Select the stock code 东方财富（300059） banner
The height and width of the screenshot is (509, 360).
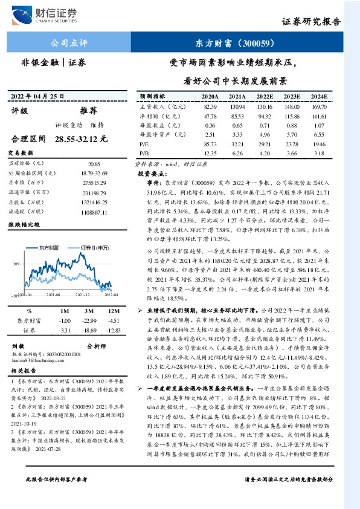coord(236,42)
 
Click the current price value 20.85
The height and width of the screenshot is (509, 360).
coord(94,164)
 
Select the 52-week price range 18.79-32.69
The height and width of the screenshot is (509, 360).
coord(94,172)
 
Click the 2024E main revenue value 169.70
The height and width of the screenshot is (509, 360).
coord(319,106)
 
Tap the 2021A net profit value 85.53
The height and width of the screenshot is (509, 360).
coord(237,116)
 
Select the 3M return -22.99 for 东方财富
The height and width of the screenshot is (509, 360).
coord(90,320)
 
